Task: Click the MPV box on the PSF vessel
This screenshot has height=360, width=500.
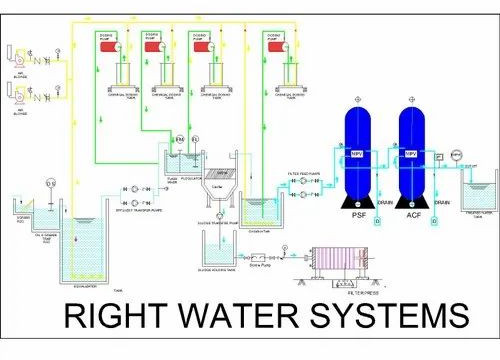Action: [x=357, y=153]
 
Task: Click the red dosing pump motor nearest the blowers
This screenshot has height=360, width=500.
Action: [x=116, y=46]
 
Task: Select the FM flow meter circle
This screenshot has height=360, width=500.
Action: [x=180, y=138]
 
